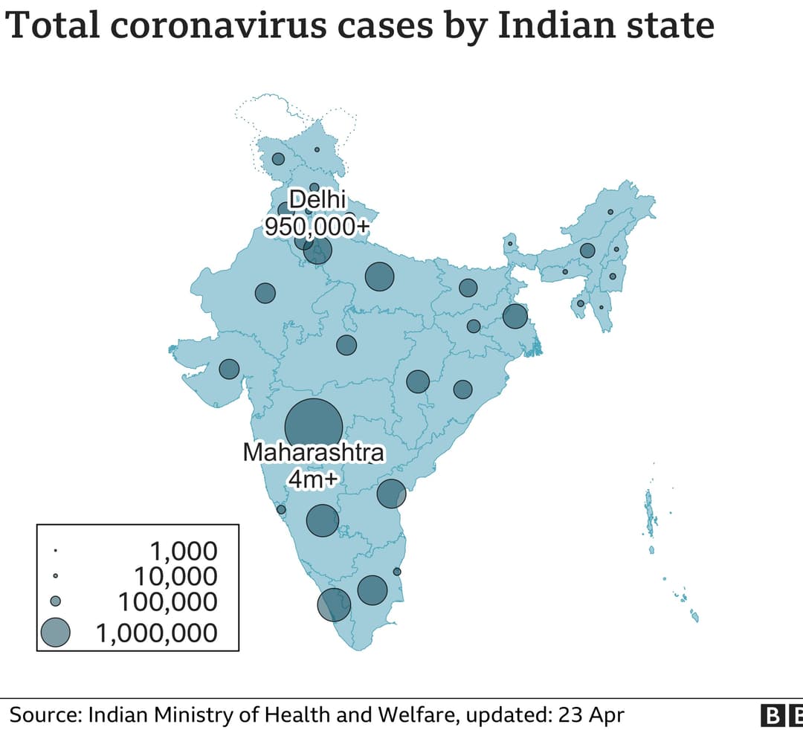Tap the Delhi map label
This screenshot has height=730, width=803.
coord(317,200)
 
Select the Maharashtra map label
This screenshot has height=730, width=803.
coord(314,452)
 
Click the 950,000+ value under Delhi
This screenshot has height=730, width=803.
coord(317,226)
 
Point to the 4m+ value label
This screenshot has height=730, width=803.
coord(313,479)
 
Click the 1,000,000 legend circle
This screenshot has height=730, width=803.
coord(55,633)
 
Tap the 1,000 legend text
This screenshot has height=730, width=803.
coord(184,551)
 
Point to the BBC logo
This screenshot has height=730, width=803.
coord(781,716)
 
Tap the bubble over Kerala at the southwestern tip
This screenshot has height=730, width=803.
coord(334,604)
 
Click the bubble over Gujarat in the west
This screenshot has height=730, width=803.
coord(229,369)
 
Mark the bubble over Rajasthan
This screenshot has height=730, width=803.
coord(265,293)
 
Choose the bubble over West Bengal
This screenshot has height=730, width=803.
coord(515,316)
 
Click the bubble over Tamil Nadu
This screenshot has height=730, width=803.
coord(373,590)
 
